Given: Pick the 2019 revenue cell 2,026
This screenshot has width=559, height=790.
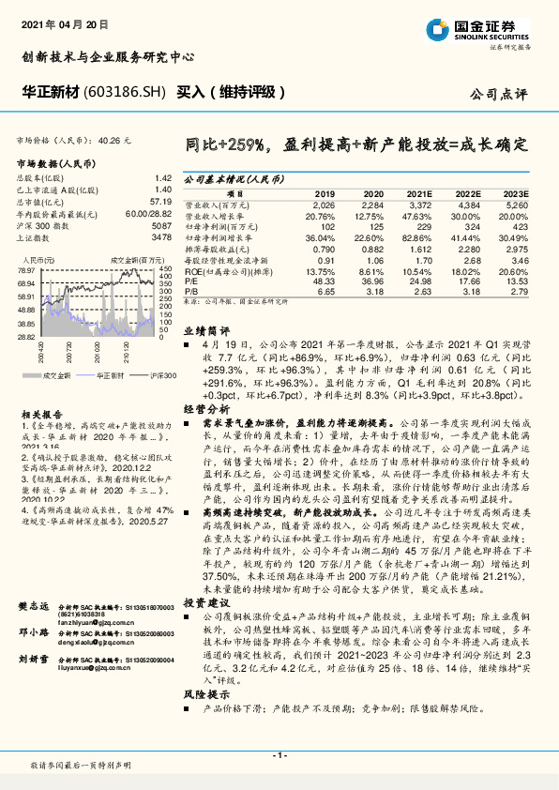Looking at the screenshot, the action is click(322, 204).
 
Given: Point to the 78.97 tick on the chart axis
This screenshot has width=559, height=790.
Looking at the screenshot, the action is click(26, 270).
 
